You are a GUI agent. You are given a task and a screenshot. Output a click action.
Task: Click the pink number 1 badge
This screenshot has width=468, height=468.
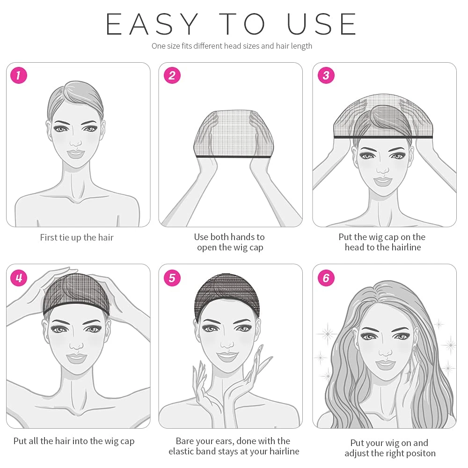(x=19, y=75)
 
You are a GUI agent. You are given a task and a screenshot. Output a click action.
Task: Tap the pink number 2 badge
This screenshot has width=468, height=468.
(x=172, y=75)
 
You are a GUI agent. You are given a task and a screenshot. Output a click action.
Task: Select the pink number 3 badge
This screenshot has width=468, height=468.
(x=326, y=75)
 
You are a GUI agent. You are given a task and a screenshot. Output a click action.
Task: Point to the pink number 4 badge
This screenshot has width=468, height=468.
(x=19, y=278)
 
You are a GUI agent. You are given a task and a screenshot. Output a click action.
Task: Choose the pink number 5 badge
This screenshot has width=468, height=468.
(x=172, y=278)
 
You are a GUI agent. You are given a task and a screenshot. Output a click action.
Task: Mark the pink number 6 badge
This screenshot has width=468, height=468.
(x=326, y=278)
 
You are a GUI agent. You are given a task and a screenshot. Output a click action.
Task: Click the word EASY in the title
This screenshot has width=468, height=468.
(x=152, y=24)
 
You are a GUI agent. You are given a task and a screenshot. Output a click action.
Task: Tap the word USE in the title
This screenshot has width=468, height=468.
(x=322, y=24)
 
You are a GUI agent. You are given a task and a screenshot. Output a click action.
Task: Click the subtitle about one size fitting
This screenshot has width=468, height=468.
(x=232, y=46)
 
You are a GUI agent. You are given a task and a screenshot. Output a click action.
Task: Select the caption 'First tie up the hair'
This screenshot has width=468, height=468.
(x=77, y=238)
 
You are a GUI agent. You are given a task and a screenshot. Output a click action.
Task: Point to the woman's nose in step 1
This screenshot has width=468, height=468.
(x=76, y=142)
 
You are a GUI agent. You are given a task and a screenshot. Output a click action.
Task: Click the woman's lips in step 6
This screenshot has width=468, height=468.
(x=385, y=365)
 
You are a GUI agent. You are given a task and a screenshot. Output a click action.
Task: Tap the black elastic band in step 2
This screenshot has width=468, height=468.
(x=233, y=156)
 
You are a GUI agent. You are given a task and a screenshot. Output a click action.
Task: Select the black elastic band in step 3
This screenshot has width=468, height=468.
(x=383, y=137)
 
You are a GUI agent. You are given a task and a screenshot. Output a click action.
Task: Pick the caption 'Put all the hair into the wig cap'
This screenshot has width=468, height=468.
(x=74, y=441)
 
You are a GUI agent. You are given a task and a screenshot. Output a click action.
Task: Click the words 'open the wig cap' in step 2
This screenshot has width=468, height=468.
(x=230, y=248)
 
